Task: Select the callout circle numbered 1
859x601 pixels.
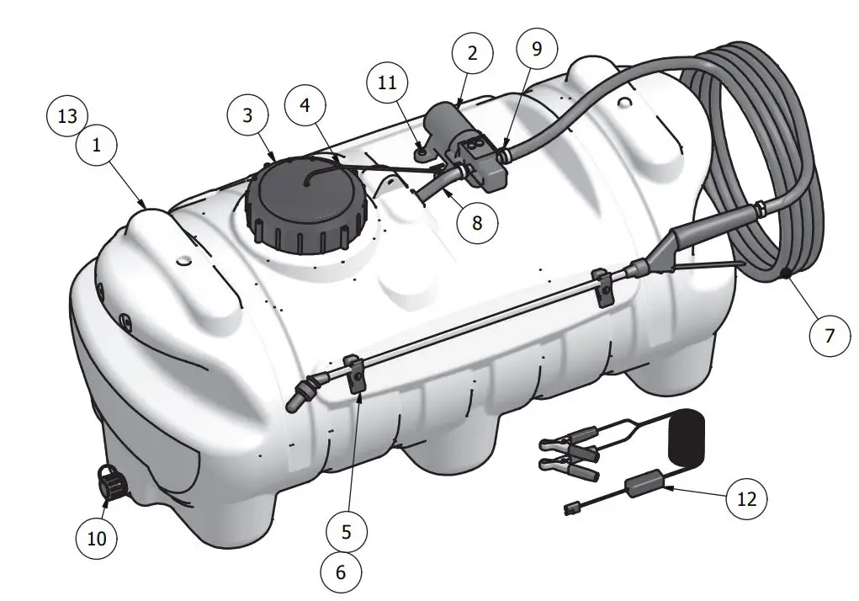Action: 98,145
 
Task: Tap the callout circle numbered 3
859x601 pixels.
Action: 247,115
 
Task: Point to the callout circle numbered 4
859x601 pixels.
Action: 305,107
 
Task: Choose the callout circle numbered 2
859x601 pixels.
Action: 473,53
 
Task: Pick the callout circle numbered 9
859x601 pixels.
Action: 537,48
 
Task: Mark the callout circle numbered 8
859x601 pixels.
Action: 477,222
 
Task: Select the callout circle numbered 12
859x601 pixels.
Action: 745,499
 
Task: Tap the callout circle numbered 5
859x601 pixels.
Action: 347,531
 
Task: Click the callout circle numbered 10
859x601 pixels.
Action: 98,537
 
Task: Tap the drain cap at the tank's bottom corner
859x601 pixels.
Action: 111,483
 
